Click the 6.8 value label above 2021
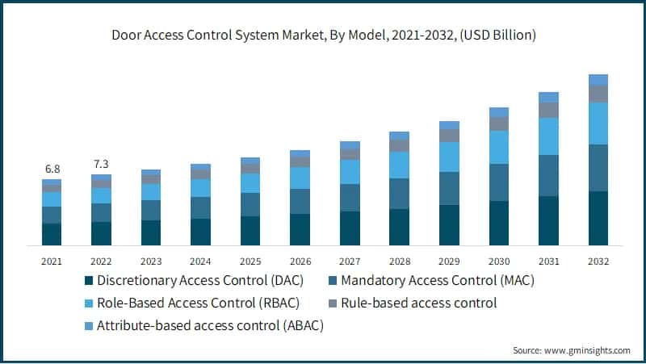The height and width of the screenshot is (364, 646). click(x=52, y=169)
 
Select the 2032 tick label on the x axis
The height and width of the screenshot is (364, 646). click(x=598, y=261)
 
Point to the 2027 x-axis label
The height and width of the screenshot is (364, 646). click(x=350, y=261)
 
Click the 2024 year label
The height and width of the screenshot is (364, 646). click(x=201, y=261)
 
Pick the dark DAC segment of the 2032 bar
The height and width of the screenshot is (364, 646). click(x=598, y=218)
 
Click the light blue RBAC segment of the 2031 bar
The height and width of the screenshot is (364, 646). click(x=548, y=136)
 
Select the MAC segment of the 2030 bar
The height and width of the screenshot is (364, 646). click(x=499, y=182)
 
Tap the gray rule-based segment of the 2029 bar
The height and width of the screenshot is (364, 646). click(x=449, y=136)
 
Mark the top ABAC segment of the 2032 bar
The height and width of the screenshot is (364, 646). click(x=598, y=80)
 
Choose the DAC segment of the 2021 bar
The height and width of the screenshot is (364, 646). click(x=52, y=234)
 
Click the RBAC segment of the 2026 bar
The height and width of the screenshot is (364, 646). click(x=300, y=178)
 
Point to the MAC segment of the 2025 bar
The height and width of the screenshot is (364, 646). click(x=250, y=205)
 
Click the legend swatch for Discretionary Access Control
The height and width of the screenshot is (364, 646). click(x=88, y=282)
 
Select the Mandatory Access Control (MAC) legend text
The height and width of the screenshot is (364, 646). click(x=437, y=281)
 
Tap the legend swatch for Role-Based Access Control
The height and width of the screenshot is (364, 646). click(x=88, y=304)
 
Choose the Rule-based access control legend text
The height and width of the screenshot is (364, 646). click(x=418, y=303)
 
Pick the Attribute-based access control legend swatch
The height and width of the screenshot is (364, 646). click(x=88, y=327)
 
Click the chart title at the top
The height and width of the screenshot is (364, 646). click(x=323, y=36)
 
